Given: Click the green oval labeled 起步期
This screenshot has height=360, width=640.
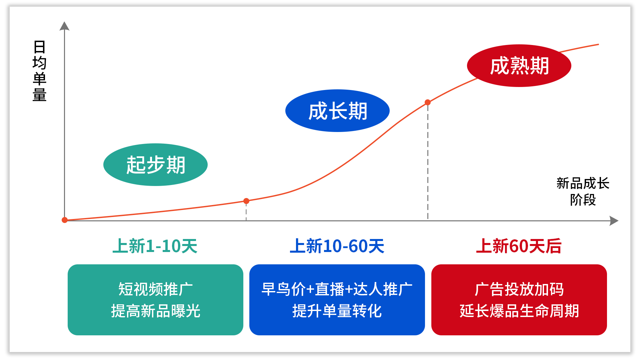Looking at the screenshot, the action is click(155, 165).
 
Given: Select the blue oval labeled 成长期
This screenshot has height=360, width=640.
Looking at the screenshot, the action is click(337, 111).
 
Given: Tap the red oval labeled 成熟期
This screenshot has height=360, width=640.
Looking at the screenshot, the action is click(519, 66).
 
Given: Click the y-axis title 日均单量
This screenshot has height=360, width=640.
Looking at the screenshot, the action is click(39, 71).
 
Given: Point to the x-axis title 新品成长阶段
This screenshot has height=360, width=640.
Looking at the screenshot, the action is click(583, 191).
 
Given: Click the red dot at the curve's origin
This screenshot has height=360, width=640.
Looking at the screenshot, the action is click(65, 220).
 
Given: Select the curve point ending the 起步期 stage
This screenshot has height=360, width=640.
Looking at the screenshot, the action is click(246, 201).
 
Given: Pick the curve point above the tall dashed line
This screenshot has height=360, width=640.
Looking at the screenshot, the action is click(428, 102).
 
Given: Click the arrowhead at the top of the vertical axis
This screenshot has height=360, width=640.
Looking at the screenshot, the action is click(64, 26).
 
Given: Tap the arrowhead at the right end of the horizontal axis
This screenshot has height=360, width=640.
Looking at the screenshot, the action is click(614, 221).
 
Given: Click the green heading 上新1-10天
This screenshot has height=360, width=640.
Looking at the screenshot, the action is click(155, 246).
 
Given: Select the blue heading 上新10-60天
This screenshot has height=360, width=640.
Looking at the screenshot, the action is click(337, 246).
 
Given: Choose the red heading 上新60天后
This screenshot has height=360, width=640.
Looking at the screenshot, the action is click(519, 246).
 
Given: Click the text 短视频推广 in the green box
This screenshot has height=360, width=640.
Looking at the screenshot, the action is click(155, 289).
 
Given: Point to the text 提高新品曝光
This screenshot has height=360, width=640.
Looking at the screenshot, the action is click(155, 311).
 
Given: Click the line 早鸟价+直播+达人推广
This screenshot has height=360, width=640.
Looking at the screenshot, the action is click(337, 289).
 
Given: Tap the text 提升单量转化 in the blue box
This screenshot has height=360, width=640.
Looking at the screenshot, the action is click(337, 311).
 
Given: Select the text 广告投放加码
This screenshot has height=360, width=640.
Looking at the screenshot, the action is click(519, 289).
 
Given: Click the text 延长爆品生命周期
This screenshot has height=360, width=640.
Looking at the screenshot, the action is click(519, 311).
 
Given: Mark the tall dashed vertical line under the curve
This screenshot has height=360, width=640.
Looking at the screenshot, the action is click(428, 162).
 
